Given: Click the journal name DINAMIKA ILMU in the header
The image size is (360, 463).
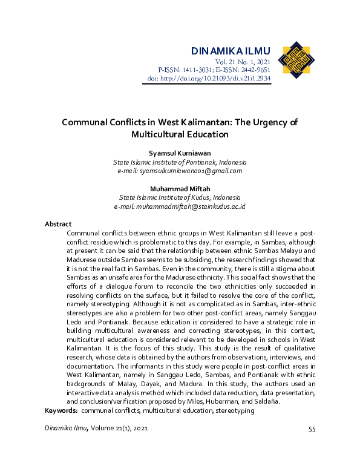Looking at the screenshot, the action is coord(231,50).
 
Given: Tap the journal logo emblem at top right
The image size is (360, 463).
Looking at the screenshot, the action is coord(296,61).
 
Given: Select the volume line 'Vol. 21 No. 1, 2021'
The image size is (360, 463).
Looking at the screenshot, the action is coord(243,62).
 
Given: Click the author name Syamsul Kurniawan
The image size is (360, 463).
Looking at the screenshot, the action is coord(180,154).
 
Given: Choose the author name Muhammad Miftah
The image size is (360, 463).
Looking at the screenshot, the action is coord(180,188).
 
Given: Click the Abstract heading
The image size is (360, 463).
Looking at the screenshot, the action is coord(58,224).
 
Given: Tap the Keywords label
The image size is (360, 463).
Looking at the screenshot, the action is coord(61,410).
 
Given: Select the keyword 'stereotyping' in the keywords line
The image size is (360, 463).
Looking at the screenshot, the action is coord(234,410).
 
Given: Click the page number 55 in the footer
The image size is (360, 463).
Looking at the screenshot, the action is coord(312,430).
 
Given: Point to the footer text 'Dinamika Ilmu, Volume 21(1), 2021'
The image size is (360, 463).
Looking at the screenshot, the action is coord(96,429).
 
